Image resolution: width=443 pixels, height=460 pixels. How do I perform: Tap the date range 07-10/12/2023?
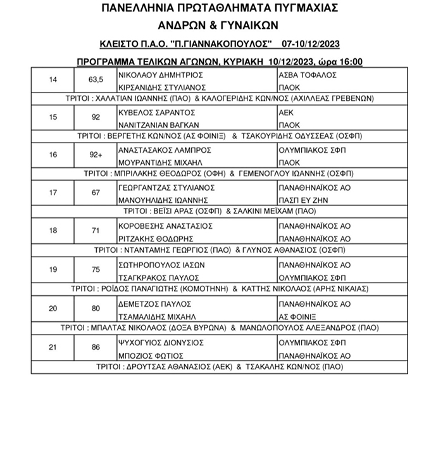311,44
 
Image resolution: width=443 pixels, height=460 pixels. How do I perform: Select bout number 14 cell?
53,80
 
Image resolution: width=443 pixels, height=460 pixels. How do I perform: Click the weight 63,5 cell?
96,80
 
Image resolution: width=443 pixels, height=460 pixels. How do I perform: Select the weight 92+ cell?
96,155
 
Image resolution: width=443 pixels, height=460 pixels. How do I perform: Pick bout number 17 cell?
53,193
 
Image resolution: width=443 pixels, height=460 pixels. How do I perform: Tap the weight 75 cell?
96,269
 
